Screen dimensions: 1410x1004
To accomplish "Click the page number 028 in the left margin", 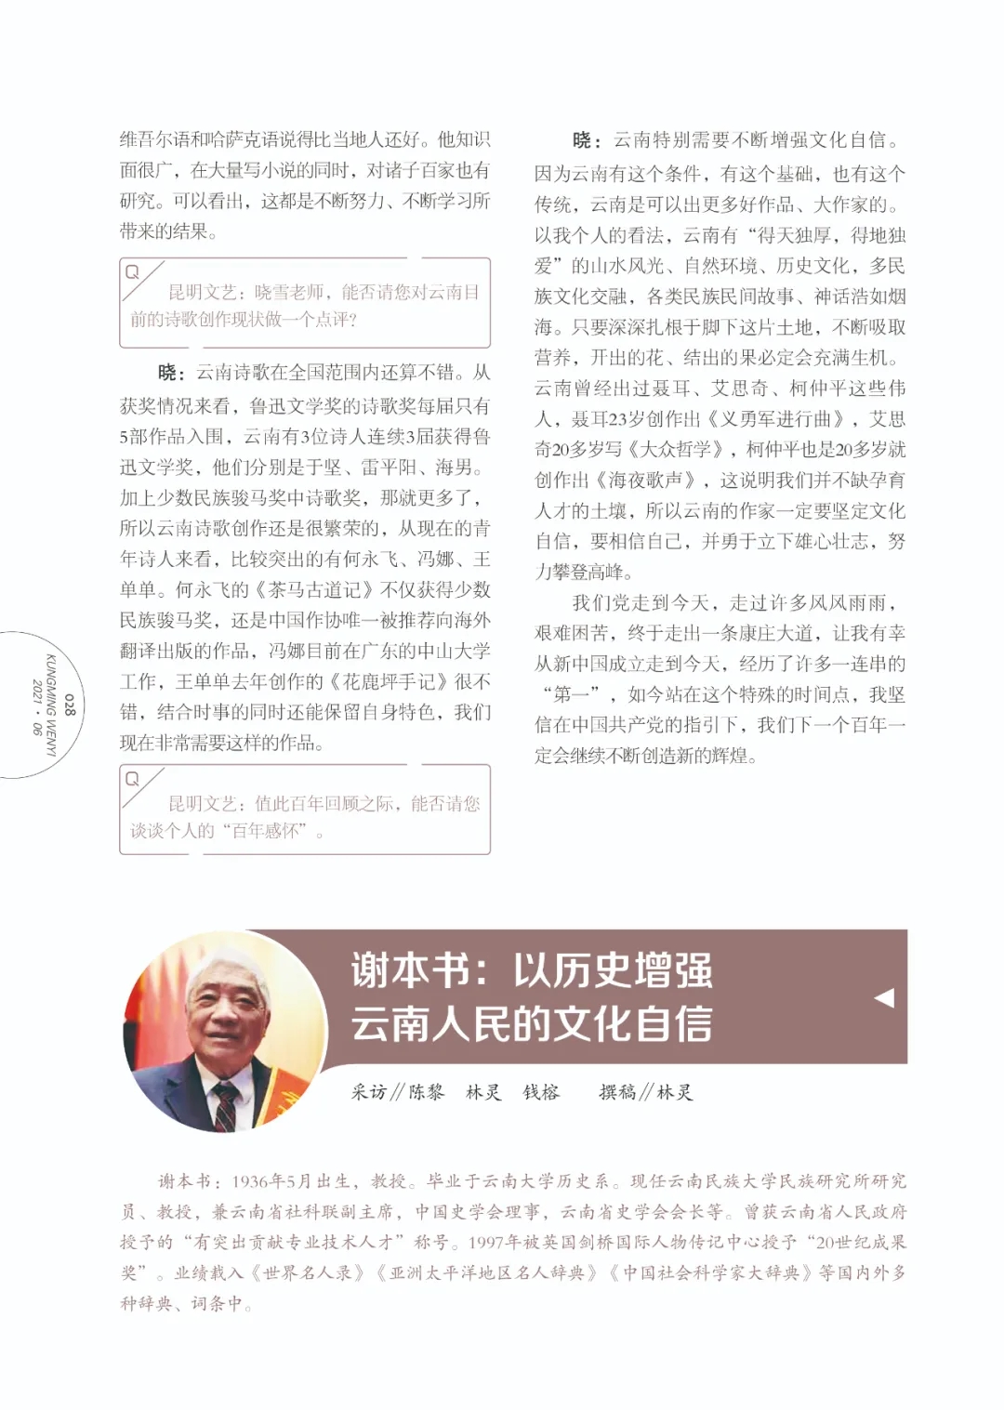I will pos(70,705).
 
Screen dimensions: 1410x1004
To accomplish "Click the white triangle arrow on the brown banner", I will pos(884,997).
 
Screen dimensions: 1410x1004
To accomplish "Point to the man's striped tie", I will pos(225,1107).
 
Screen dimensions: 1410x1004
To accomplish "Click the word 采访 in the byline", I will pos(369,1092).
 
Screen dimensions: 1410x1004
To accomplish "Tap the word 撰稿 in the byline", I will pos(617,1092).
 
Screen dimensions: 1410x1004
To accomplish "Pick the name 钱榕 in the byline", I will pos(541,1092).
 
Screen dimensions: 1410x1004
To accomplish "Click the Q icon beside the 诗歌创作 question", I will pos(132,272).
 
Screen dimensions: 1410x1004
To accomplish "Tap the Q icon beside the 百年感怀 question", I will pos(132,779).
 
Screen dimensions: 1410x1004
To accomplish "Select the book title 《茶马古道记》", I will pos(317,590).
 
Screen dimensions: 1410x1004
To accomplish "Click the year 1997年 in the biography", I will pos(495,1243).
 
